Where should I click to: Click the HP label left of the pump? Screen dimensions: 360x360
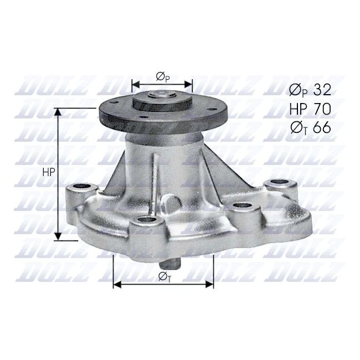(x=48, y=172)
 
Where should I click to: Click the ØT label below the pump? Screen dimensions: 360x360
(x=164, y=276)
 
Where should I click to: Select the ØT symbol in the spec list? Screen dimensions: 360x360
(x=300, y=128)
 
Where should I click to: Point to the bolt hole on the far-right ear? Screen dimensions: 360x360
(x=276, y=183)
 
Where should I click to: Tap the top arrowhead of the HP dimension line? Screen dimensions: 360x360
(x=57, y=111)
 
